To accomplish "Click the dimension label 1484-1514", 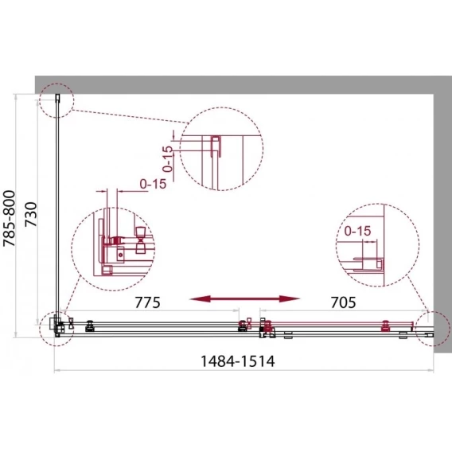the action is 237,361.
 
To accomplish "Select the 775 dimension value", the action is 147,302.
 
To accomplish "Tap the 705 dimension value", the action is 343,302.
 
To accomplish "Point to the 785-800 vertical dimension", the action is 9,218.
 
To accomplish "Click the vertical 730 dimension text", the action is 31,215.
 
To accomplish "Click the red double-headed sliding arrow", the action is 245,299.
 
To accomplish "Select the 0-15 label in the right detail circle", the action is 357,232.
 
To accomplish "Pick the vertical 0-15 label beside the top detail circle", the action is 167,159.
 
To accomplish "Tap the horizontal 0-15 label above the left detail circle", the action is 153,184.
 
